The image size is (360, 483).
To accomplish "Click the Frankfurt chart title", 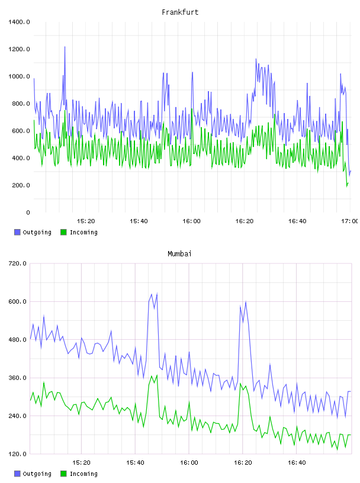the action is (x=180, y=12).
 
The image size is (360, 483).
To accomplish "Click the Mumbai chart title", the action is (x=179, y=254).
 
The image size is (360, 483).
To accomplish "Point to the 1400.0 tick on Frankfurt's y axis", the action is (x=19, y=22).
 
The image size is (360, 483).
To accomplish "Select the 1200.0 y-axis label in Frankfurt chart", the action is (x=19, y=49).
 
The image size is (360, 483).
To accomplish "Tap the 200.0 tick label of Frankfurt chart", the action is (x=21, y=185).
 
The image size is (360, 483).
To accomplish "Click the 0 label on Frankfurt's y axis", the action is (x=28, y=212).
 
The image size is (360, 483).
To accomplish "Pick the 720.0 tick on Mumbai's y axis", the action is (x=18, y=263).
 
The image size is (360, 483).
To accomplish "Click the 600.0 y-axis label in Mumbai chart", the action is (x=18, y=301).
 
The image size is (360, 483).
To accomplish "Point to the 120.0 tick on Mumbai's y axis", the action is (x=18, y=454).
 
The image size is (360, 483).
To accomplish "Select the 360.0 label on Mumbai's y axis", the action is (x=18, y=378).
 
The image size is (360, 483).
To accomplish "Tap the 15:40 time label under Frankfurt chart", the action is (x=139, y=221).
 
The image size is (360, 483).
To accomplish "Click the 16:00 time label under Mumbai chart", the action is (x=189, y=463).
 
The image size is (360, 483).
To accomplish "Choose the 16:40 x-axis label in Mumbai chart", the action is (x=297, y=463).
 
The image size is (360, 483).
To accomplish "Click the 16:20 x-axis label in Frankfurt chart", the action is (x=245, y=221).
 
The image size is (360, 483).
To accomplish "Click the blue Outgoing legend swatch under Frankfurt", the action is (x=17, y=232).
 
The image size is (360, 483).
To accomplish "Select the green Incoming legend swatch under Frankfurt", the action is (x=63, y=232).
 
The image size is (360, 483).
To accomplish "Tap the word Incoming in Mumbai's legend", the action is (x=83, y=474).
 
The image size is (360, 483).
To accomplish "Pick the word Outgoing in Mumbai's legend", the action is (x=37, y=474).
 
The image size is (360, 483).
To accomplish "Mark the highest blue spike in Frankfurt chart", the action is (x=65, y=47).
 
